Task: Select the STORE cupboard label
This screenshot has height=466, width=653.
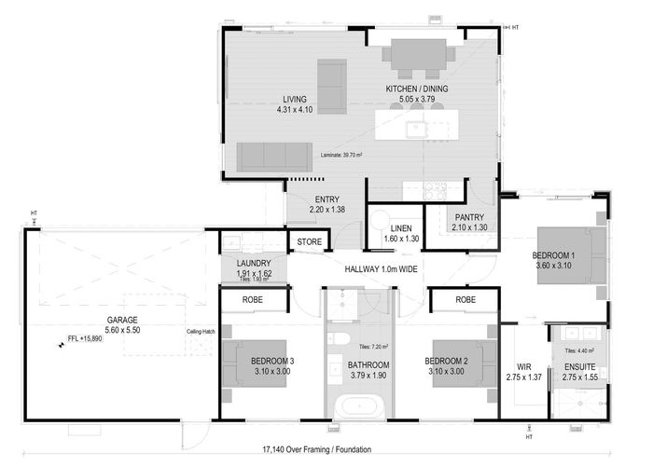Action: [309, 243]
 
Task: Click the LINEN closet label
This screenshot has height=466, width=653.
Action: [401, 228]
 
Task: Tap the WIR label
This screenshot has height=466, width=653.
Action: [523, 367]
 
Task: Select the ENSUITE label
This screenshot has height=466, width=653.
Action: [581, 367]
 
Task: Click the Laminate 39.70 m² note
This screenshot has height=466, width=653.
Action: [340, 155]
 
